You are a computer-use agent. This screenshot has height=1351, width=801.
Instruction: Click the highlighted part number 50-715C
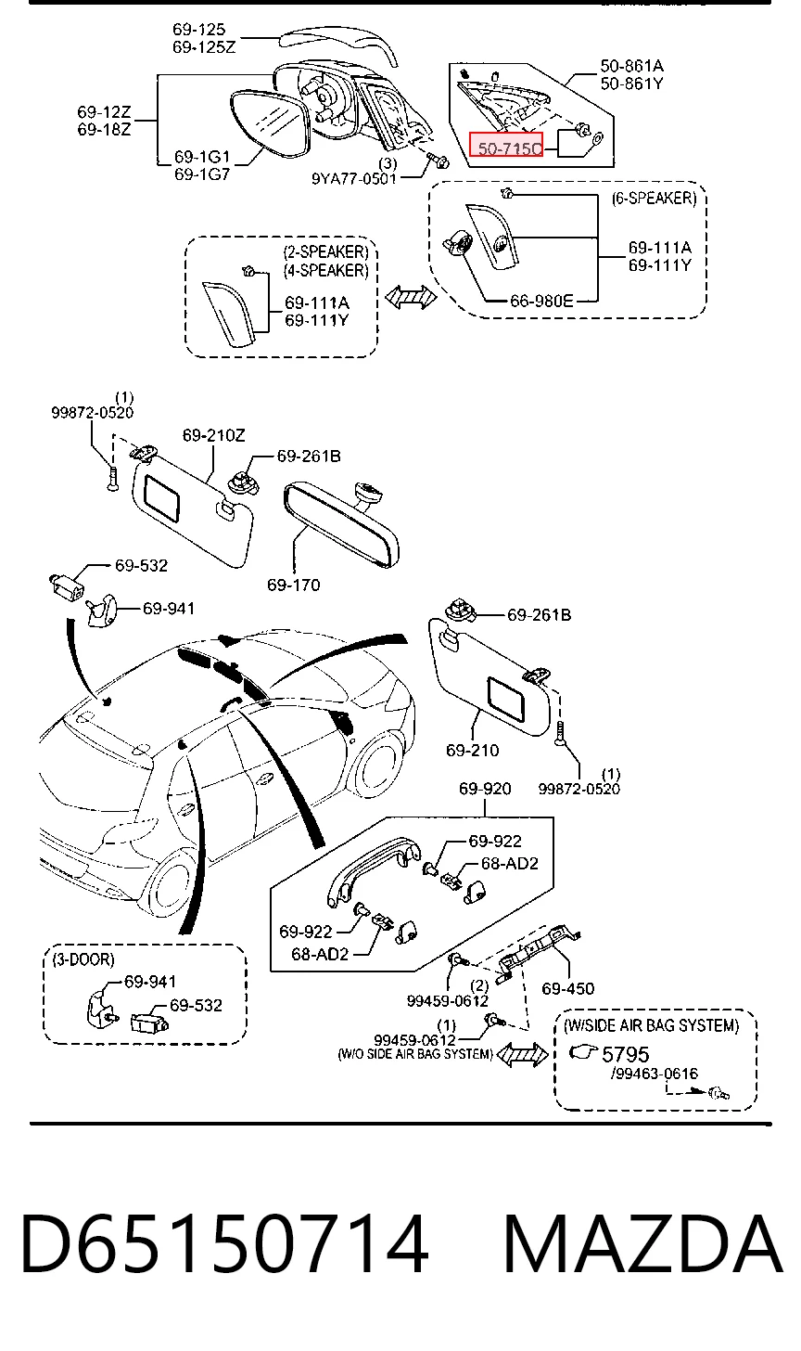510,148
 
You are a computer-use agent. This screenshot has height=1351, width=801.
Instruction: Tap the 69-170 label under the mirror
294,585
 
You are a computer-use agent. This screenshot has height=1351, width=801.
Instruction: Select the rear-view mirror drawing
340,522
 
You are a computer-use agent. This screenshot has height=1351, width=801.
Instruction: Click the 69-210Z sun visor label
213,435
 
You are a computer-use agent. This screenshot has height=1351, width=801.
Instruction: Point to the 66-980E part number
541,301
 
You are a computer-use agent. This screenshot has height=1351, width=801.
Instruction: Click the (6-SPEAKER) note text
654,199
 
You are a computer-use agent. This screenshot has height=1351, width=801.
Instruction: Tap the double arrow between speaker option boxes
411,297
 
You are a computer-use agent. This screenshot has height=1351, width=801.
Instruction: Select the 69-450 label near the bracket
567,988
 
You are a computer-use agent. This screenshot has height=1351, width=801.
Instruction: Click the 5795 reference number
626,1054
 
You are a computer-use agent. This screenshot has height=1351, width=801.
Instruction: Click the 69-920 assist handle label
485,789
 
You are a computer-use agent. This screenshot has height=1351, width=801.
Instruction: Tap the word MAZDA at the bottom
642,1244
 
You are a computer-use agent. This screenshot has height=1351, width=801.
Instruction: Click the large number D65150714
224,1244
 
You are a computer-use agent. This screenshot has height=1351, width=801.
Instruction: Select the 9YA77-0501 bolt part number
354,178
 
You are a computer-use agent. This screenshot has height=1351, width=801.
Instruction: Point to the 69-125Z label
204,46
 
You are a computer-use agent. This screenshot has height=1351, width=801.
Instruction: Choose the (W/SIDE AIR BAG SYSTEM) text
651,1025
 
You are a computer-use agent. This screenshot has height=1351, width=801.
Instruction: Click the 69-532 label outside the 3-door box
141,565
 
